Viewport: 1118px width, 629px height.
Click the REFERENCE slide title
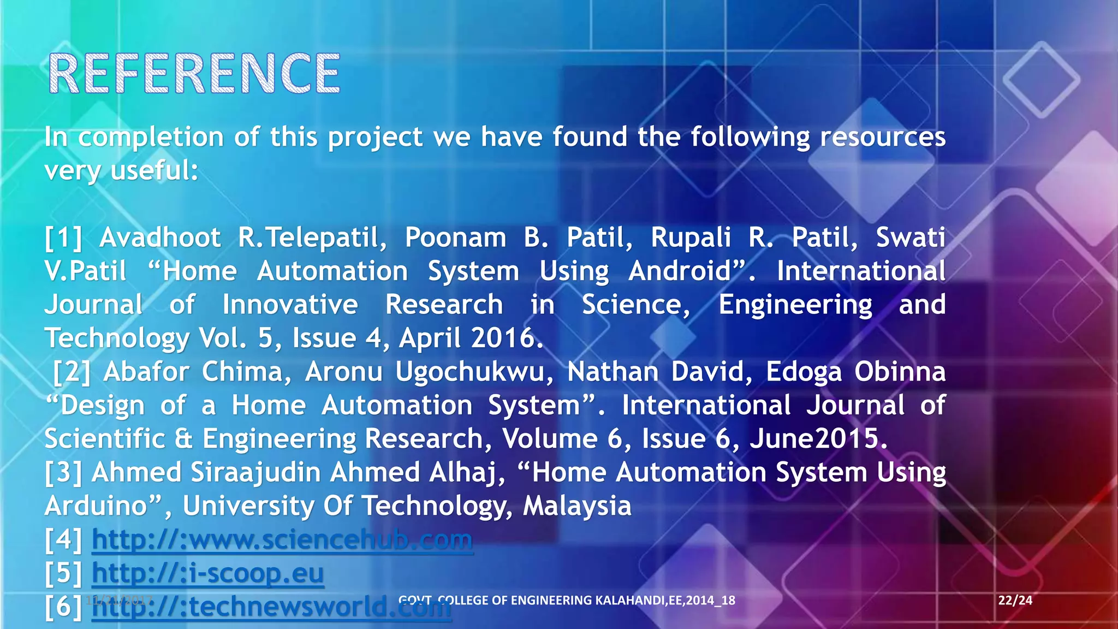[x=194, y=74]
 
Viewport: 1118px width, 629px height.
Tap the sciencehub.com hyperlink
[x=282, y=540]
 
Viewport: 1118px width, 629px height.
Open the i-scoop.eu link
[x=207, y=573]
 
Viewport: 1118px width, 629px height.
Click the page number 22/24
[x=1015, y=601]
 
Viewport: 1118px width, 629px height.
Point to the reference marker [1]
[x=63, y=238]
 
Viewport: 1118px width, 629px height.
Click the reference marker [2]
[x=72, y=372]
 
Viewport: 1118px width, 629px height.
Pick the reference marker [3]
[x=63, y=473]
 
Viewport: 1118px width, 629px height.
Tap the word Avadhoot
[x=160, y=238]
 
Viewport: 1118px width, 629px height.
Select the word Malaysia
[x=576, y=506]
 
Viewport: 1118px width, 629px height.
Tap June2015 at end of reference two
[x=818, y=439]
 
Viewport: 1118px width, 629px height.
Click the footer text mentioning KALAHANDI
[x=567, y=601]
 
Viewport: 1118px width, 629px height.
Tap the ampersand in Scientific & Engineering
[x=183, y=439]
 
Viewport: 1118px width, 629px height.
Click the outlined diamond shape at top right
[x=1041, y=79]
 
